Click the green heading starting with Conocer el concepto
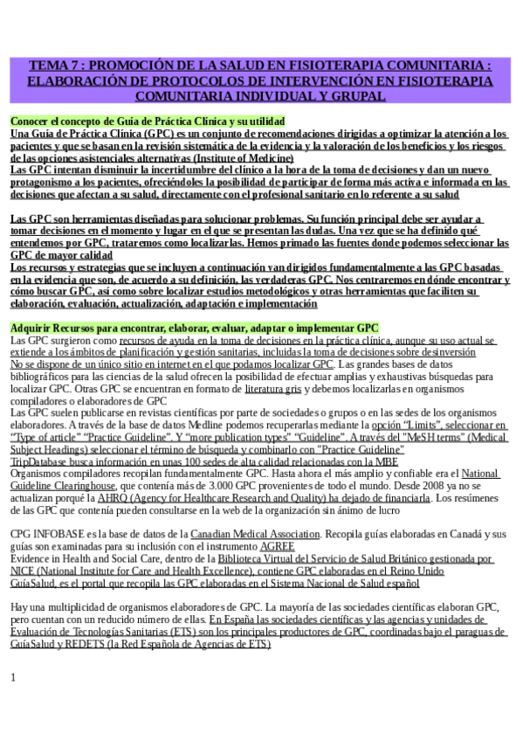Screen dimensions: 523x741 coord(148,121)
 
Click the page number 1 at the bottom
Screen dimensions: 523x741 coord(13,677)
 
